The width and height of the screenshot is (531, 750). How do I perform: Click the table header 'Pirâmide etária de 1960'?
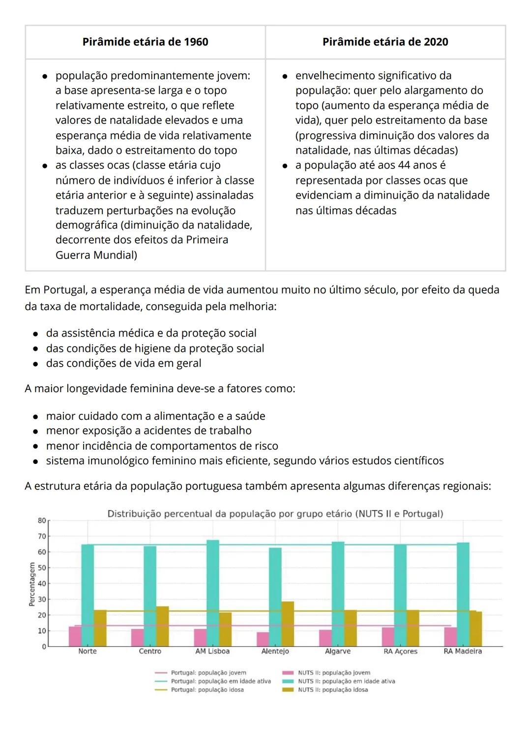coord(145,42)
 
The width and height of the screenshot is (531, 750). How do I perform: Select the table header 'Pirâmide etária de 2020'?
coord(385,42)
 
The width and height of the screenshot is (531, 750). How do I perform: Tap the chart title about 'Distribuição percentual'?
coord(275,514)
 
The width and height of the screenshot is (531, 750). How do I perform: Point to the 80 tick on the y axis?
coord(42,520)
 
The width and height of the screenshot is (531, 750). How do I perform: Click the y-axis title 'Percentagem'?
coord(32,584)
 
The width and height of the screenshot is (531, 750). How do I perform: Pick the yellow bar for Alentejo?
coord(288,624)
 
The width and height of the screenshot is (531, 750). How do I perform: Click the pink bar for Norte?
coord(75,636)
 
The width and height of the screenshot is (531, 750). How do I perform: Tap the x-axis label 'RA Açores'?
coord(400,651)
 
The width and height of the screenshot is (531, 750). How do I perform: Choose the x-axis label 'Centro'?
coord(150,651)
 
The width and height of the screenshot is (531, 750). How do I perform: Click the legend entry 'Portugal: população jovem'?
coord(208,673)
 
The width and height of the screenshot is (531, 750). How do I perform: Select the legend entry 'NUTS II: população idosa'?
coord(333,690)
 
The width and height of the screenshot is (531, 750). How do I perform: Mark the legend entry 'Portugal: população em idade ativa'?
coord(221,681)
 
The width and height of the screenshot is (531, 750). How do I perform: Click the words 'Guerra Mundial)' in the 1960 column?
coord(96,255)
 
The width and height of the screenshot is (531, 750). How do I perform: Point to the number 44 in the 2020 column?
coord(405,165)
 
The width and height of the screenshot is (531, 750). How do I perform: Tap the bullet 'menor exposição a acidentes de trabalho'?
coord(148,431)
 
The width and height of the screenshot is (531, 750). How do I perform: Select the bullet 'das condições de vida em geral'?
coord(123,364)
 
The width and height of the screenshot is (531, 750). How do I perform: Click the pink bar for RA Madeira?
coord(450,636)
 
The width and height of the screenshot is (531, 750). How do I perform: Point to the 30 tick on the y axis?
coord(42,600)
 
